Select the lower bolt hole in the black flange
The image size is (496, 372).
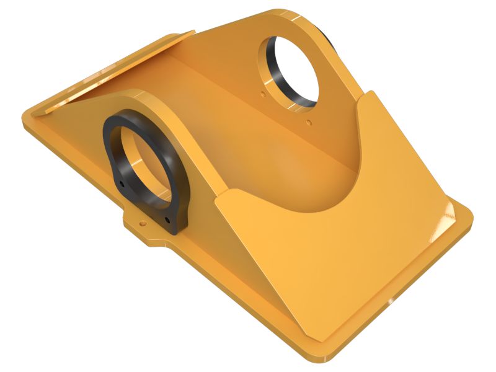click(x=167, y=219)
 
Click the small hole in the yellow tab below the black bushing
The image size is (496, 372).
click(x=143, y=220)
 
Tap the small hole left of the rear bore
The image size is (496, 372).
click(x=263, y=95)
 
